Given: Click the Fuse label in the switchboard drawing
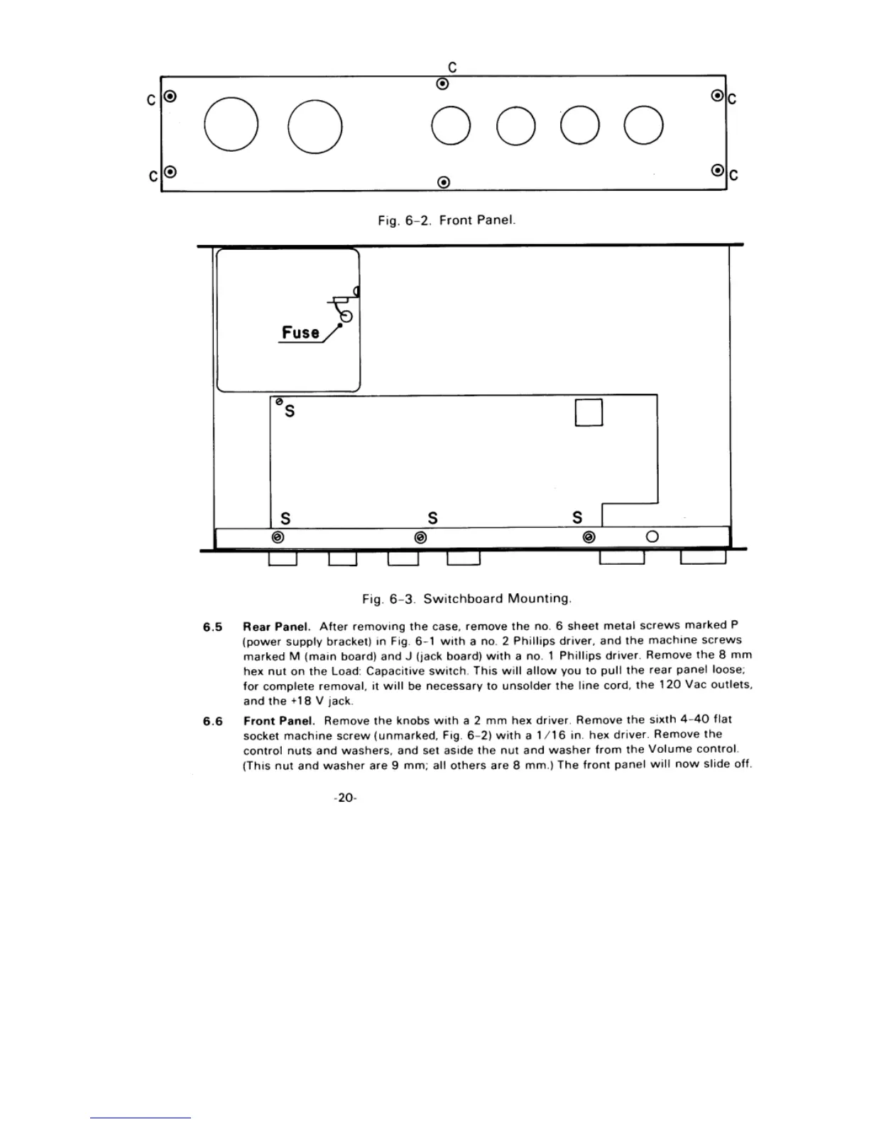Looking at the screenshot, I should coord(300,332).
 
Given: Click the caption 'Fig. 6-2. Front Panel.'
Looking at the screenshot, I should coord(446,220).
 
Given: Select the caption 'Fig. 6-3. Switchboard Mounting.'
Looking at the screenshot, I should coord(466,598).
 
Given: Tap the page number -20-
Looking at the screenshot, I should coord(345,798).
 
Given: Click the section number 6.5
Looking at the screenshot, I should coord(212,627).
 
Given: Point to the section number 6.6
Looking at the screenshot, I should coord(212,722).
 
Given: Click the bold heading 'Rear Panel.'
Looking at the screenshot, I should coord(277,627).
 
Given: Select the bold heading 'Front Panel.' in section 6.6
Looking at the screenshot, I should coord(279,721).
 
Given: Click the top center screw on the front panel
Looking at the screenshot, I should coord(442,84).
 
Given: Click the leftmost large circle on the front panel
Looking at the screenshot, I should coord(231,125).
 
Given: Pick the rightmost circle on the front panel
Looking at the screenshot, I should coord(644,125).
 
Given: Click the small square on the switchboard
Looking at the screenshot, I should coord(589,412).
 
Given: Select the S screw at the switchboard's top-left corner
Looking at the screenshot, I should coord(280,402).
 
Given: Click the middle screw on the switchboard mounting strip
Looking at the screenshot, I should coord(420,537).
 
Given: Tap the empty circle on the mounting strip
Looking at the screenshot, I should coord(652,537).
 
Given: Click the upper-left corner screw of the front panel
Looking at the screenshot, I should coord(170,96).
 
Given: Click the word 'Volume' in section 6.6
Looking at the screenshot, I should coord(668,749).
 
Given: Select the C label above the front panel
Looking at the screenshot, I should coord(452,67).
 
